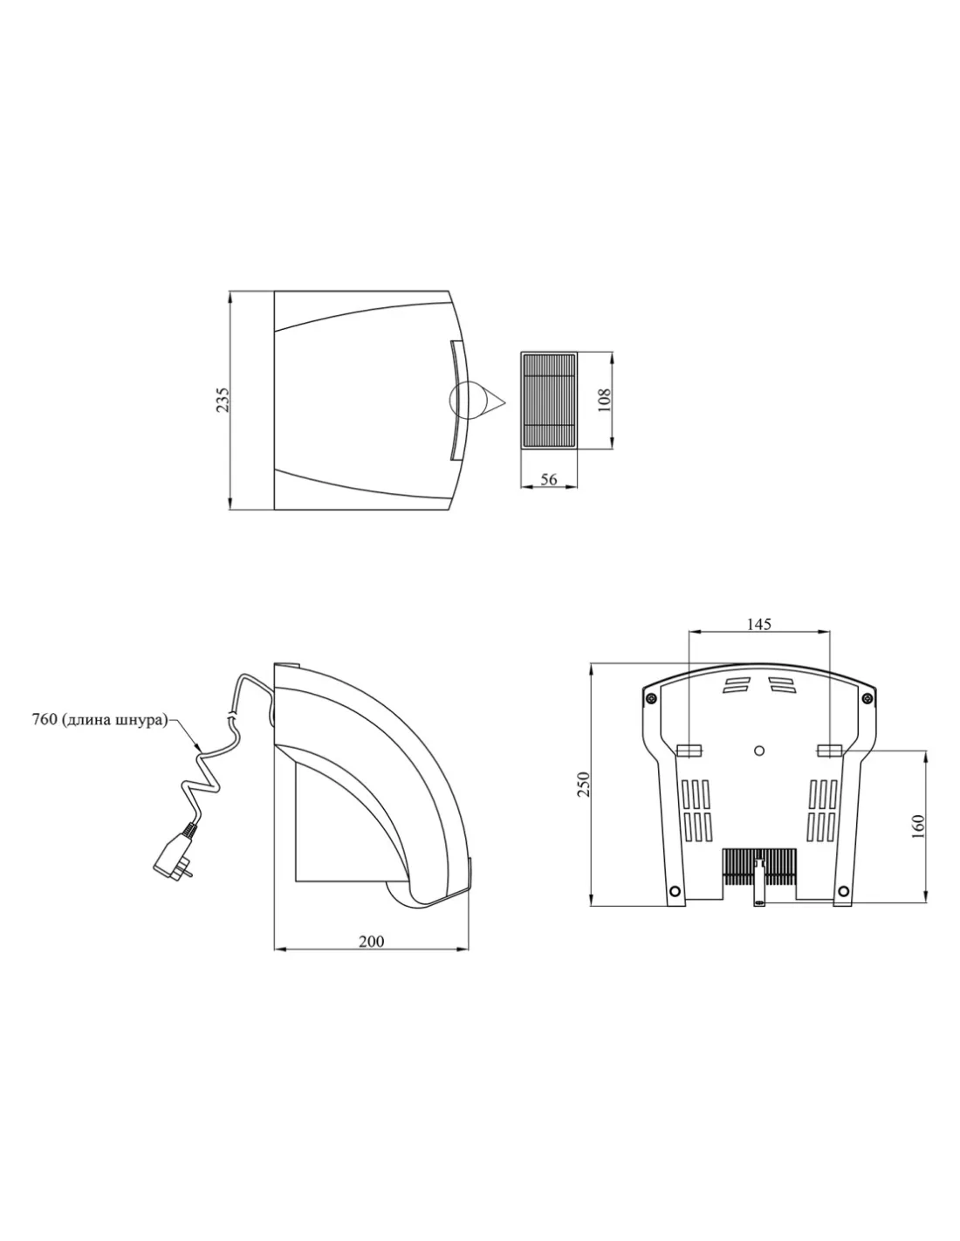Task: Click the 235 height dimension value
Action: (x=223, y=399)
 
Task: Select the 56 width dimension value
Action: (x=548, y=479)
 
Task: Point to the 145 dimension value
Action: (x=758, y=624)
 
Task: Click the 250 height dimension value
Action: (x=582, y=785)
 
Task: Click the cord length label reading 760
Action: (x=44, y=720)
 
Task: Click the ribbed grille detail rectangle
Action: (x=548, y=401)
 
